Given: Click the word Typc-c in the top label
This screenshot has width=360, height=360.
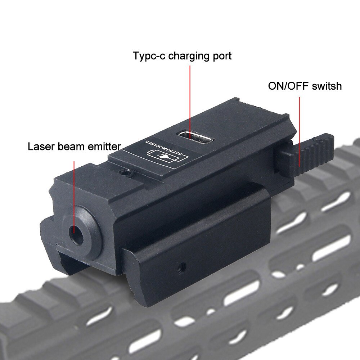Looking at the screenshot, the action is point(149,57).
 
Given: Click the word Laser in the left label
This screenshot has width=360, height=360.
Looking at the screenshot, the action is point(40,147).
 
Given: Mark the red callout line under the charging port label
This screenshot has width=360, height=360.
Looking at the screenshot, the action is point(189,97).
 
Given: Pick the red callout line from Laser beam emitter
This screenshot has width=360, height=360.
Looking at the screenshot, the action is point(74,191).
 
